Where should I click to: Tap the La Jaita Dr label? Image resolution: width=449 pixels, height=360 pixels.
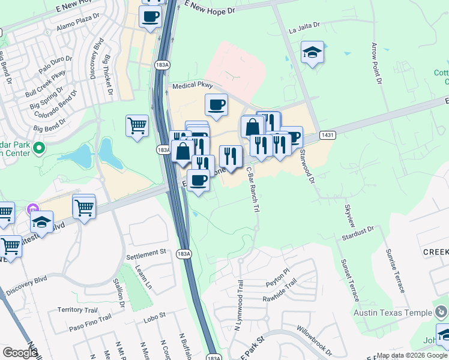pos(305,28)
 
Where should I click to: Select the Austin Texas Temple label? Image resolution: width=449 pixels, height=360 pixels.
pos(393,313)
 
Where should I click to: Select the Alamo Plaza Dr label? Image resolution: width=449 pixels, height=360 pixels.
pos(77,24)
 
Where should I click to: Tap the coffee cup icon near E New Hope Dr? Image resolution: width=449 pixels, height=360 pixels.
pos(150,16)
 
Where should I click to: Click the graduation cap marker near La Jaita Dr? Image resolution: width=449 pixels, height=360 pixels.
pos(312,53)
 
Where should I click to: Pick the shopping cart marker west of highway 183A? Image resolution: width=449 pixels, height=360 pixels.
pos(137,126)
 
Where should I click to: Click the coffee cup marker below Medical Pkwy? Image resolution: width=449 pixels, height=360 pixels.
pos(216,105)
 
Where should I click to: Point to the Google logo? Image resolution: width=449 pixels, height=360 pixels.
pos(19,353)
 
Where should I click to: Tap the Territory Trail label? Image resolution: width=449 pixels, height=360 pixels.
pos(77,310)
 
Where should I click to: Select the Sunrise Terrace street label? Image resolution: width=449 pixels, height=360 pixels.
pos(395,271)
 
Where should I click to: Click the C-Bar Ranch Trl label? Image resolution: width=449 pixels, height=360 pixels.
pos(253,189)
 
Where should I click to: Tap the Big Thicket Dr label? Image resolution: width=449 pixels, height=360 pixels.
pos(108,76)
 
